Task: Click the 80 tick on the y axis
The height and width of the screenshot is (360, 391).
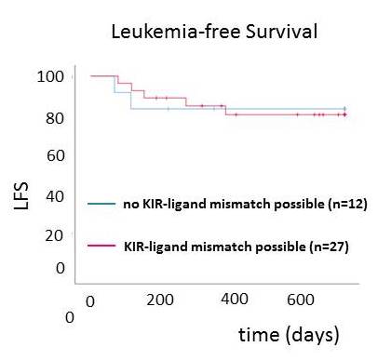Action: pyautogui.click(x=49, y=118)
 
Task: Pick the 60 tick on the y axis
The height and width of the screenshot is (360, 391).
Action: pyautogui.click(x=49, y=155)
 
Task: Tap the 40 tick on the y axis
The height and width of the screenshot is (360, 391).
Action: pyautogui.click(x=49, y=196)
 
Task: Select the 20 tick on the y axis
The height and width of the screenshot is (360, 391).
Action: pyautogui.click(x=49, y=236)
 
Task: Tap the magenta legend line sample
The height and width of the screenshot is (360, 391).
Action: pyautogui.click(x=101, y=247)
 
